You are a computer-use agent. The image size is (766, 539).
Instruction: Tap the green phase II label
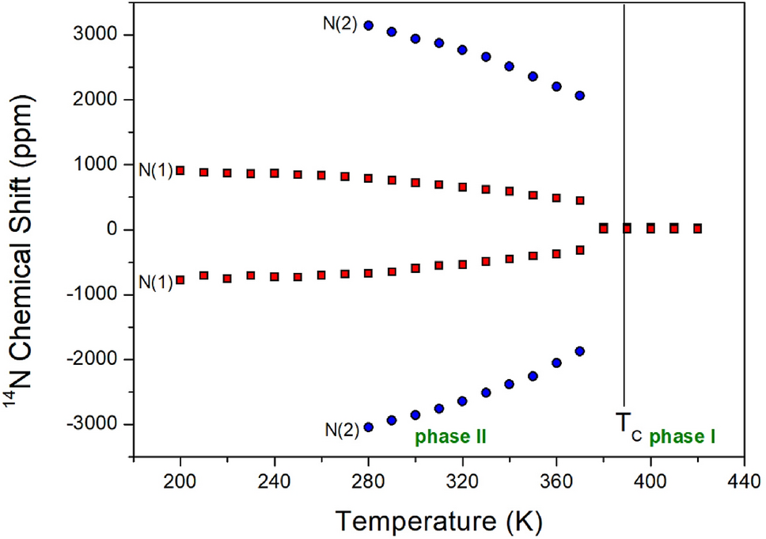tap(450, 436)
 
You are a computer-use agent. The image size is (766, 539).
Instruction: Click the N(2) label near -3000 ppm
tap(340, 430)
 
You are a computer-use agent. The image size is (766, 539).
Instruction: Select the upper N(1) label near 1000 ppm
tap(156, 170)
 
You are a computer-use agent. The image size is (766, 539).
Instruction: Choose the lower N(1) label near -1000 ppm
tap(156, 281)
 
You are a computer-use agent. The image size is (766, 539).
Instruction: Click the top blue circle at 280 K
tap(368, 25)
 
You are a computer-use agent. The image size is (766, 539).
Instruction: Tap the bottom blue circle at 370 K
tap(580, 351)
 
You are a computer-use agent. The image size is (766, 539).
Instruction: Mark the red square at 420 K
tap(697, 228)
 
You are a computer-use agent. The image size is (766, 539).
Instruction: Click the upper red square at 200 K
tap(180, 170)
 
